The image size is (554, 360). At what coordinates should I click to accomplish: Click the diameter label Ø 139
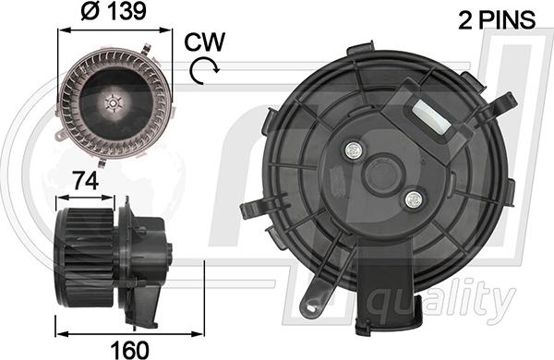coord(114,11)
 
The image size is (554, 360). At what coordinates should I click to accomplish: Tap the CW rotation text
coord(204,42)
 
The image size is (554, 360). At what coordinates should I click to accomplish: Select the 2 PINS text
coord(497,19)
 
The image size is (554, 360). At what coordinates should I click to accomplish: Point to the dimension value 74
coord(85,182)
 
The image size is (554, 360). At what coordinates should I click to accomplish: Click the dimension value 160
coord(129,350)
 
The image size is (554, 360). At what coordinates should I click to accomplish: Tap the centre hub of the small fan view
coord(113,103)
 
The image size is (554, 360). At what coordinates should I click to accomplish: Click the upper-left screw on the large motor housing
coord(354,150)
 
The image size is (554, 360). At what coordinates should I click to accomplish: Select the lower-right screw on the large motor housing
coord(414,200)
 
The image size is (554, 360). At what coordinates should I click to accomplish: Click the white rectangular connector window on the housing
coord(431,116)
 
